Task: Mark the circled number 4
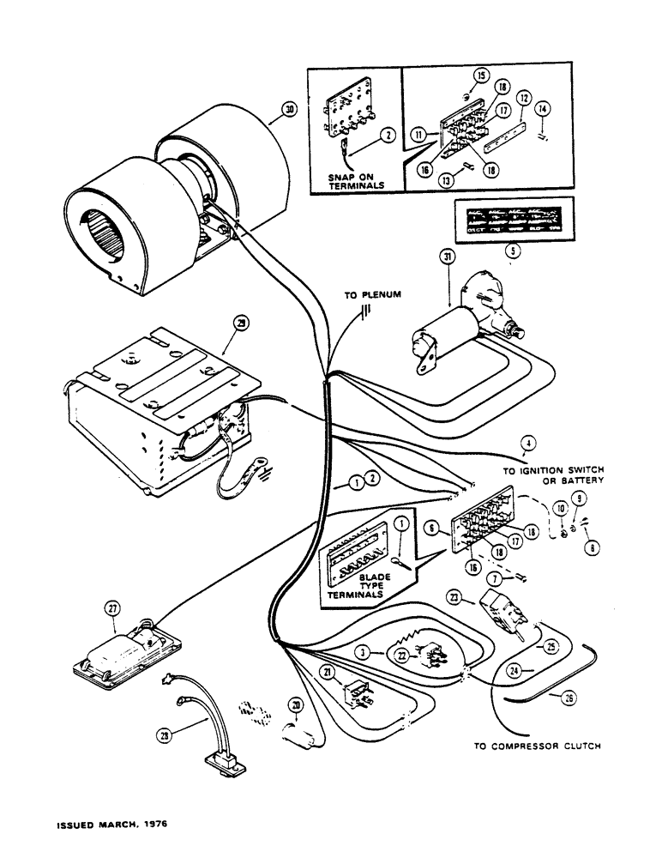pos(527,443)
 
